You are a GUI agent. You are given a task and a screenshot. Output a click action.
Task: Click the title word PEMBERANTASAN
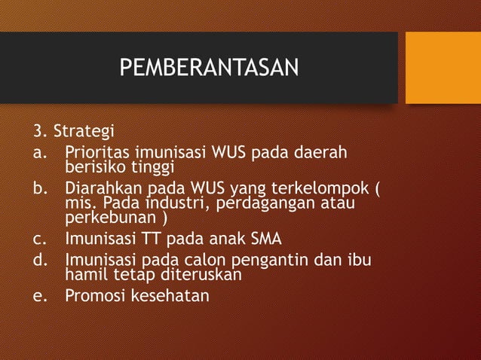209,69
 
